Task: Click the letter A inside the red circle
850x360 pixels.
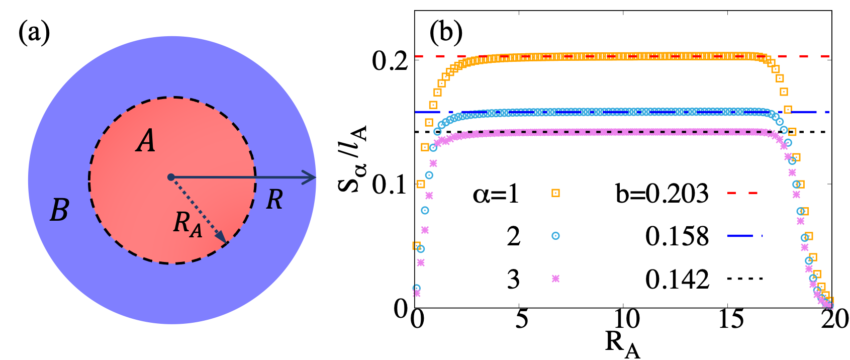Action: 146,141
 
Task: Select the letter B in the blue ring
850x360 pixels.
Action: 59,210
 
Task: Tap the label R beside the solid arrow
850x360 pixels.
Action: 274,200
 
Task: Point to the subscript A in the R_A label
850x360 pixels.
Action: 196,231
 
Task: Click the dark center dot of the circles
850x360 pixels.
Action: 171,177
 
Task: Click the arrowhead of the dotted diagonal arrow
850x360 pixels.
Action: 222,238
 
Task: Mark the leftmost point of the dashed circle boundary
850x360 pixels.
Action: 89,179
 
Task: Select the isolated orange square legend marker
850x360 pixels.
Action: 555,193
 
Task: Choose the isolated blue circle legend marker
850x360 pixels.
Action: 555,236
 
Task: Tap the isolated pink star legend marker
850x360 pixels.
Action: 555,279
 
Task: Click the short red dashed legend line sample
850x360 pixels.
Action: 742,193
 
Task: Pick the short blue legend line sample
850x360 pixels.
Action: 744,235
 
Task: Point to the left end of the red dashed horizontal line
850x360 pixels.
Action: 416,56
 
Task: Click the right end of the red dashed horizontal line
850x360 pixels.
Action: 828,56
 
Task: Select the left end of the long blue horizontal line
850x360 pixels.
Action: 416,112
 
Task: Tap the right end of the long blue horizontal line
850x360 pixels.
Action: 828,112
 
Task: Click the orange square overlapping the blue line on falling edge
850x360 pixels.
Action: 788,110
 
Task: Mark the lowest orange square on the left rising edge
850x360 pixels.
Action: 416,245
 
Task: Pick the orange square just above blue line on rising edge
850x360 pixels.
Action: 433,105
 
